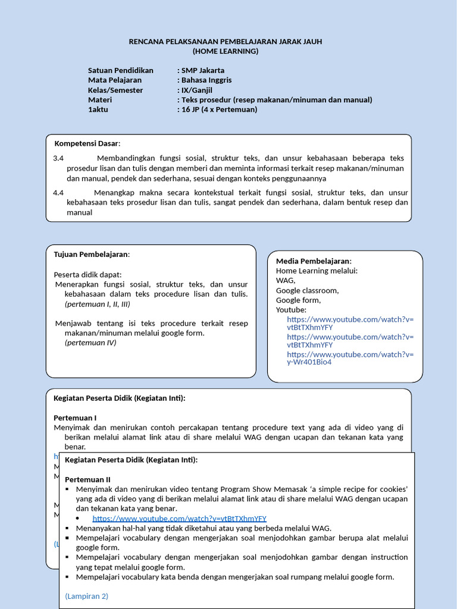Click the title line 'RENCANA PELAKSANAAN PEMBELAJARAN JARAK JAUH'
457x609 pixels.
tap(226, 41)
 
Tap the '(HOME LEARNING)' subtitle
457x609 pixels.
tap(226, 51)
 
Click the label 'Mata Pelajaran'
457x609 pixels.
tap(115, 80)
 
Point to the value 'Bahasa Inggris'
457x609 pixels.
tap(206, 80)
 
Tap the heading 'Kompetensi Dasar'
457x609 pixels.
tap(87, 144)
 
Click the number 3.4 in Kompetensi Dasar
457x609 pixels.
tap(58, 158)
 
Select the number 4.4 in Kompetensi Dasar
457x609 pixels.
tap(58, 193)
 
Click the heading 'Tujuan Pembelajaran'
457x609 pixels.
tap(91, 255)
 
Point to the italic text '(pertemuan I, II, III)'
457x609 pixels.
tap(97, 304)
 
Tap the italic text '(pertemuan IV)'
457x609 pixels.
tap(90, 343)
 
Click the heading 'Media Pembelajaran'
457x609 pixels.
tap(313, 261)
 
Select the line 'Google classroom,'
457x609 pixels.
tap(307, 290)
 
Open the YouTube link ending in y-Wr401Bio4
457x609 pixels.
tap(350, 358)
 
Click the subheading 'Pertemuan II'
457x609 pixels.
tap(87, 479)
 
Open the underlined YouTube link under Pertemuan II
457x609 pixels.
tap(179, 519)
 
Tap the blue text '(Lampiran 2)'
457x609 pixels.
tap(86, 596)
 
